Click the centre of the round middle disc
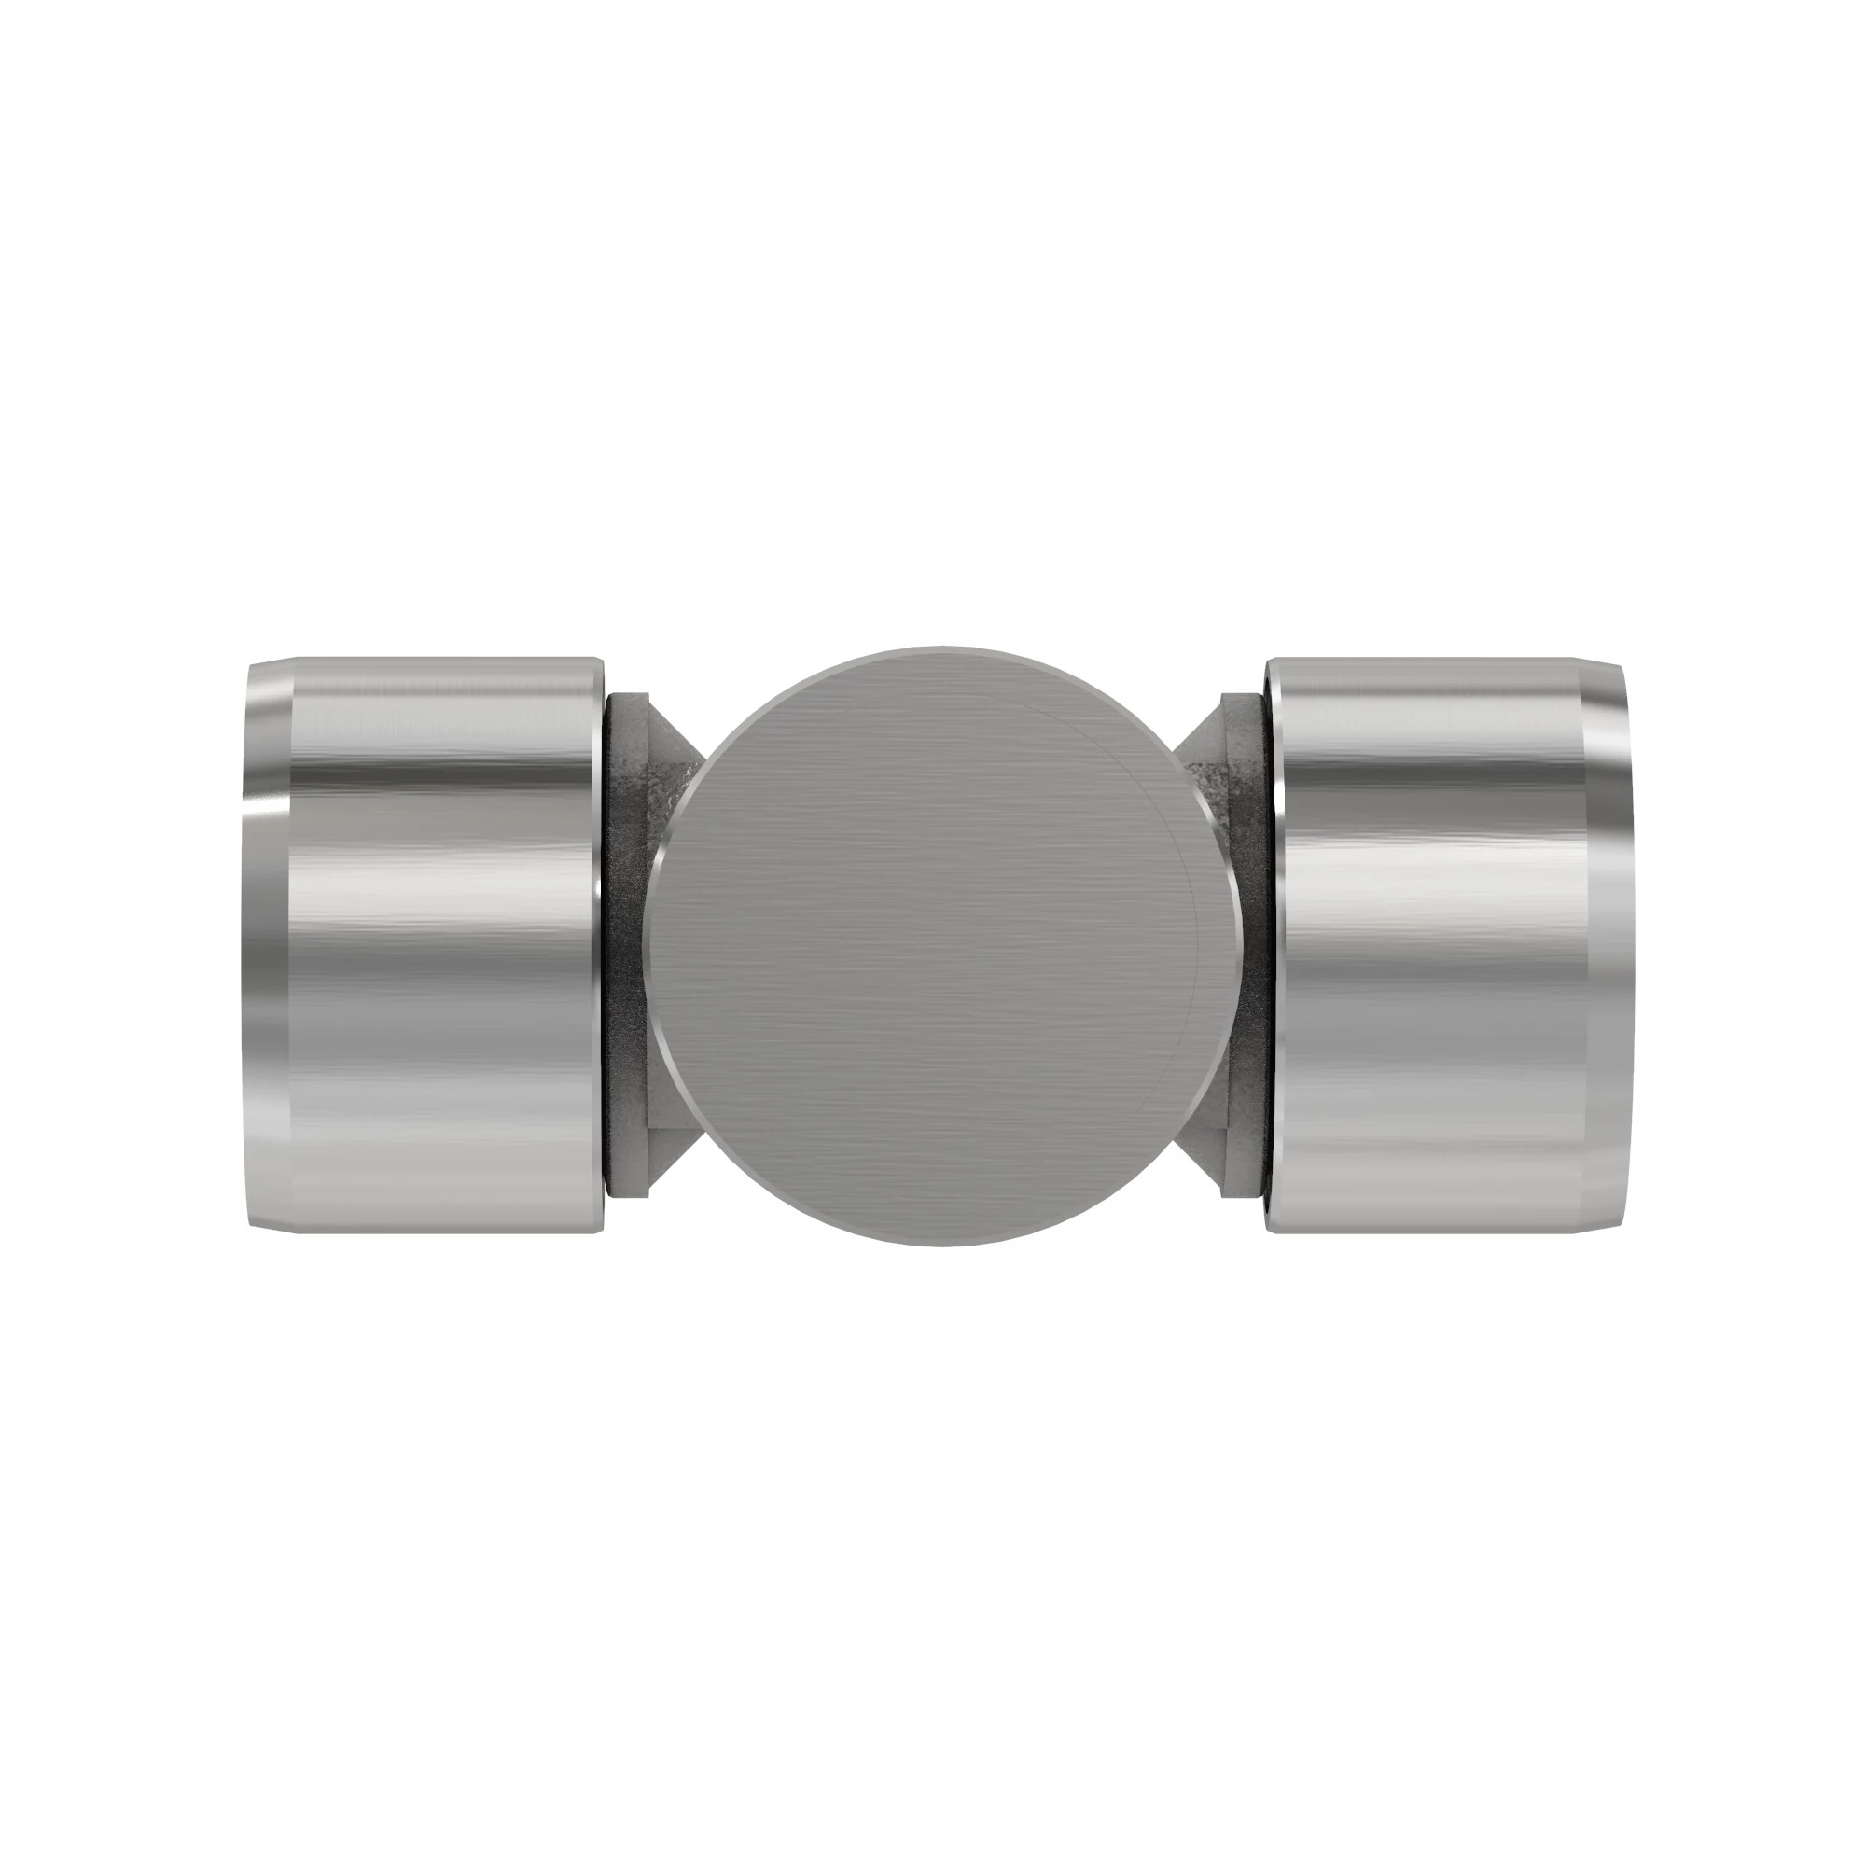pyautogui.click(x=941, y=945)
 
